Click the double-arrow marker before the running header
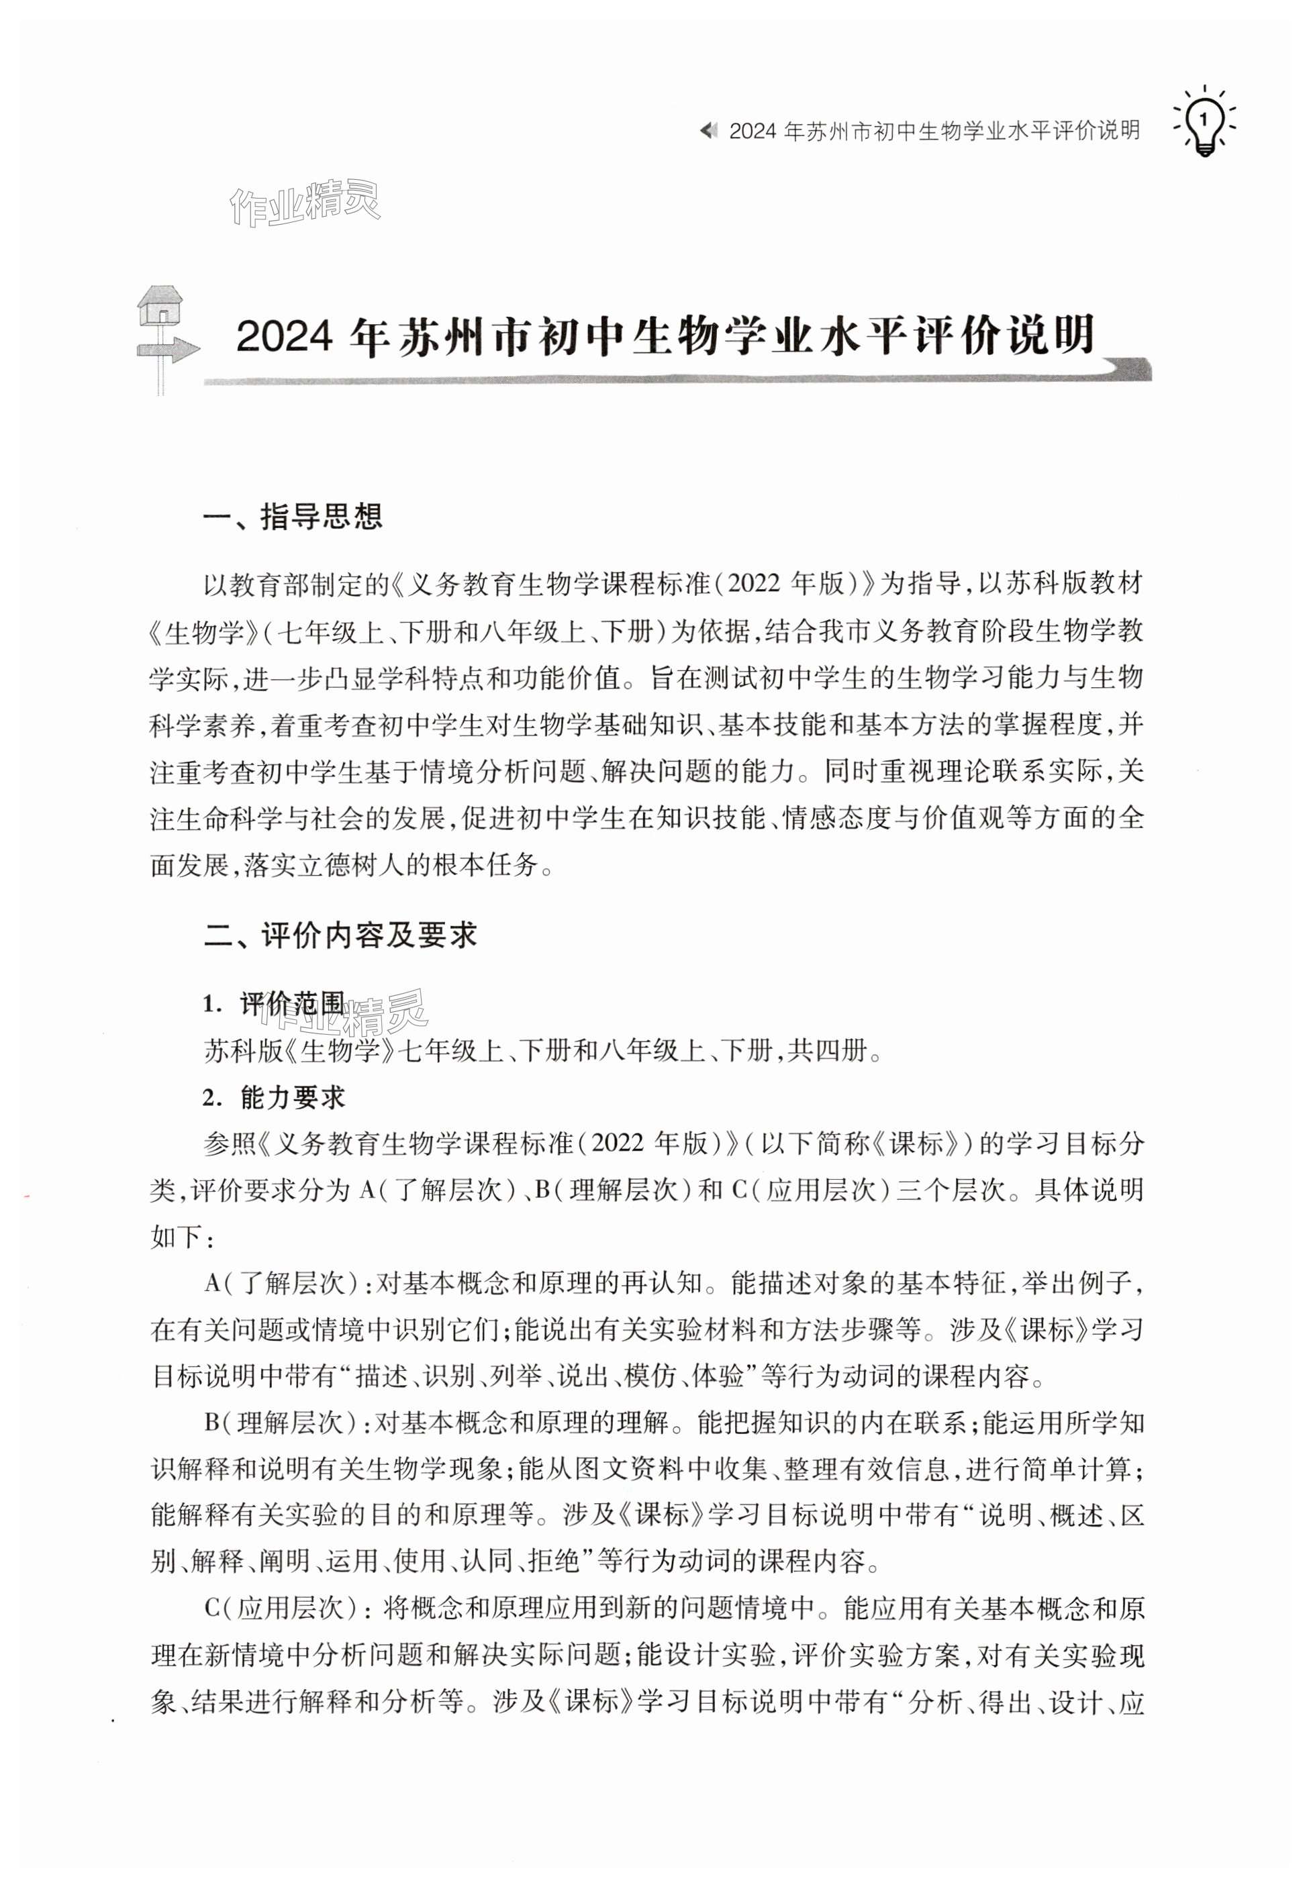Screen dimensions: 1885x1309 [x=709, y=131]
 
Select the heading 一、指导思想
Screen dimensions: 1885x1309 [x=293, y=517]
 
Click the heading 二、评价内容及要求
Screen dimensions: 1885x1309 [x=340, y=935]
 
